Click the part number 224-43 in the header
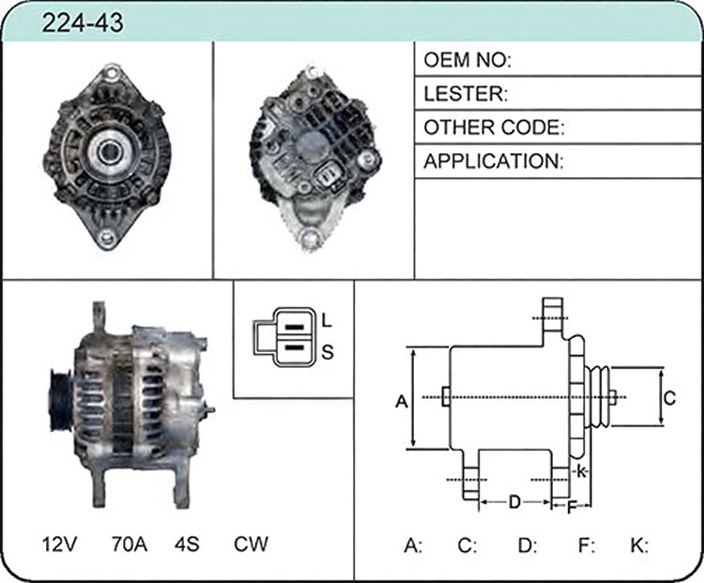point(83,23)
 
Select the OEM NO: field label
point(467,60)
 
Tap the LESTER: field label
point(466,94)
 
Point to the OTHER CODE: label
point(494,128)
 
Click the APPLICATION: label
point(494,161)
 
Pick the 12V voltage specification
point(60,544)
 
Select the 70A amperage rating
point(130,544)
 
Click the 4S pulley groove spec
point(187,544)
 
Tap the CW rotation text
point(251,544)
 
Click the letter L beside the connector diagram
point(327,321)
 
